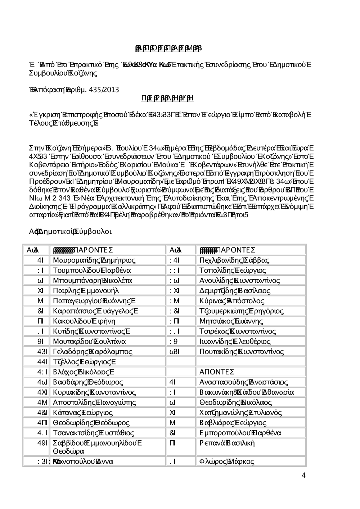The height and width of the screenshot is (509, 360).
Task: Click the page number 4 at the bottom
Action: (303, 476)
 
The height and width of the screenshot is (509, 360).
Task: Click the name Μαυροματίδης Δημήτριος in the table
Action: (94, 260)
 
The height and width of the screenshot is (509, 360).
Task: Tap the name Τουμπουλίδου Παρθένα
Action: (92, 270)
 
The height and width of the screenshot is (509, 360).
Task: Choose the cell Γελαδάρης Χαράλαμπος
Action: (92, 351)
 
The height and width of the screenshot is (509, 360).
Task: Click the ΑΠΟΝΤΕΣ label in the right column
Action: (217, 372)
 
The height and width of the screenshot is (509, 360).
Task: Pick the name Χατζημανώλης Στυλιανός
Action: (240, 412)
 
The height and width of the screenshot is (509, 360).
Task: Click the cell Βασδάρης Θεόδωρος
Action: (88, 382)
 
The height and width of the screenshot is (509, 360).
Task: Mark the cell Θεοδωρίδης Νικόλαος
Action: (235, 402)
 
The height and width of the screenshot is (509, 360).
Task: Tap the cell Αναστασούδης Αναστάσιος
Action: (243, 382)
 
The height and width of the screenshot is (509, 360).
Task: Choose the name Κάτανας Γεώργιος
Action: (82, 412)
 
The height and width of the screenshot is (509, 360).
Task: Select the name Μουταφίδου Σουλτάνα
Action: (89, 341)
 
